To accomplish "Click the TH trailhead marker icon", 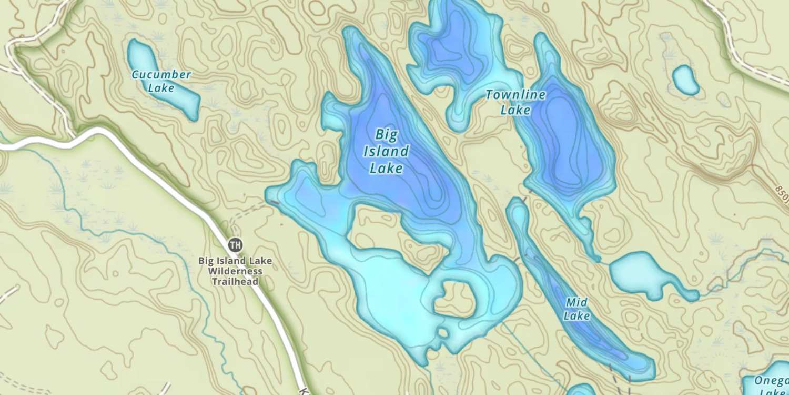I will coord(235,244).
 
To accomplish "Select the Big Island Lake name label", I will coord(386,151).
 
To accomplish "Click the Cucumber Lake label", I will coord(161,81).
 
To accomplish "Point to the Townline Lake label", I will coord(515,102).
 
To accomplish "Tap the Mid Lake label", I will coord(576,309).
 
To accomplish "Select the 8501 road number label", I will coord(782,193).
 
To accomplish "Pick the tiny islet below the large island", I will coord(443,333).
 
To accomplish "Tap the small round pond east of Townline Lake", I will coord(685,80).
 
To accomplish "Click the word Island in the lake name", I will coord(386,152).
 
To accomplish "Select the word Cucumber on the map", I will coord(161,74).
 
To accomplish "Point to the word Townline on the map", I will coord(515,95).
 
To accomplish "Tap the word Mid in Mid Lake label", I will coord(576,302).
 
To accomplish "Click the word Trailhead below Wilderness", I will coord(235,282).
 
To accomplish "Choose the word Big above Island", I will coord(386,135).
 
